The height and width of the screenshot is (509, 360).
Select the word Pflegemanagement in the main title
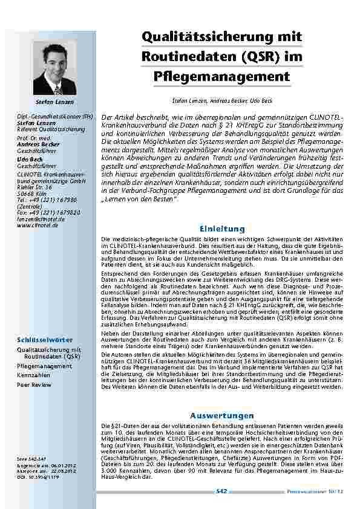pos(221,77)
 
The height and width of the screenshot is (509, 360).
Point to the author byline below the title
pos(222,99)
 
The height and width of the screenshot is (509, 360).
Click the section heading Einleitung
pos(221,229)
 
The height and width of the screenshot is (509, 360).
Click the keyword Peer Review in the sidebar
pos(34,384)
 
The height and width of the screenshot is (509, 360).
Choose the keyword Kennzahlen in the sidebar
pos(34,375)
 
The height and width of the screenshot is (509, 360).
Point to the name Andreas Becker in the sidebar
pos(38,145)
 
